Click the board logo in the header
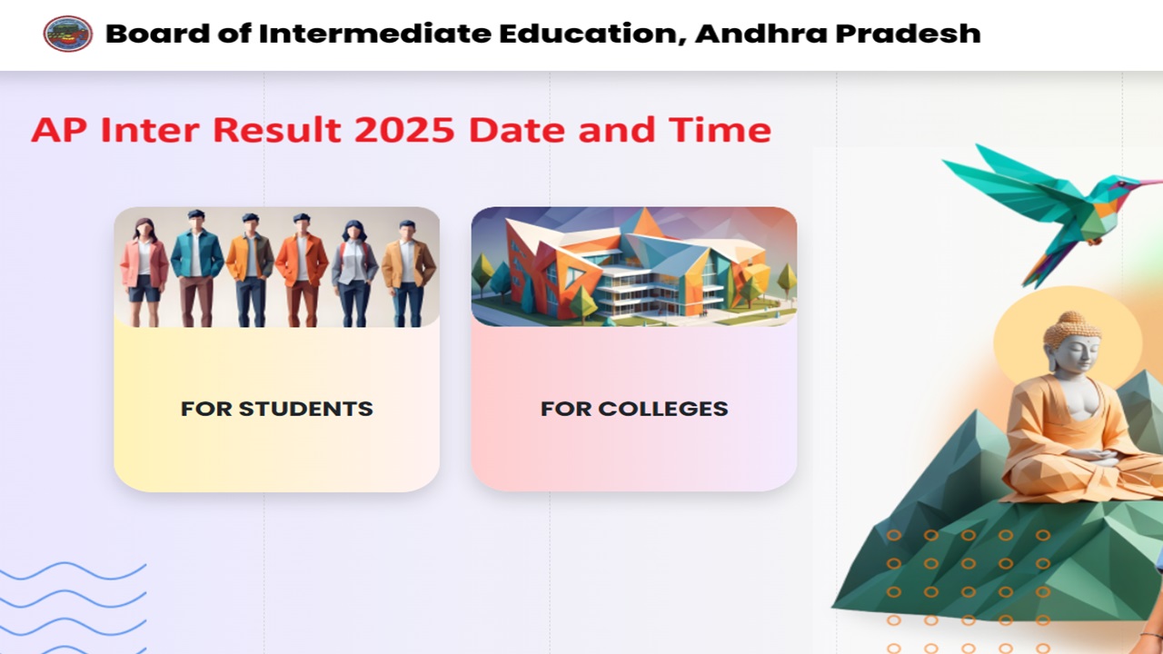[68, 34]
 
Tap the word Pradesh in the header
[908, 34]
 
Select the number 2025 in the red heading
[404, 130]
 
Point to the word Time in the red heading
[720, 130]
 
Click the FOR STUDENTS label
[277, 409]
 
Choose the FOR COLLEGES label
[634, 409]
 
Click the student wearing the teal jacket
[197, 268]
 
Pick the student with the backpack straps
[354, 273]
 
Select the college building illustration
[634, 267]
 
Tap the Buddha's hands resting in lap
[1091, 457]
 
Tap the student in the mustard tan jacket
[409, 273]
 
